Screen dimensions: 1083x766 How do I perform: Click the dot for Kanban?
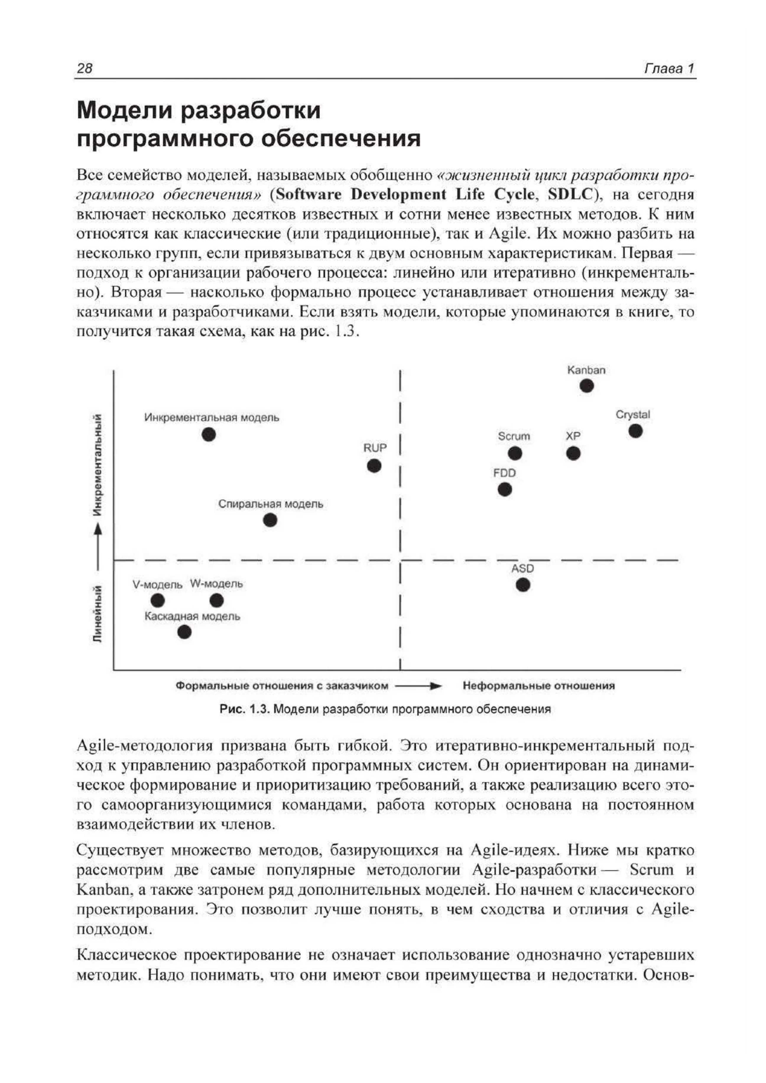coord(586,386)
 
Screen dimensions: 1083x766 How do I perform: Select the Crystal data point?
coord(635,431)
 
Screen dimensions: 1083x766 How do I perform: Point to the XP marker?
coord(573,453)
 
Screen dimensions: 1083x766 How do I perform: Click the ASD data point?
coord(522,585)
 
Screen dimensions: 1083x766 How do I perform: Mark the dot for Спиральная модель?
coord(270,520)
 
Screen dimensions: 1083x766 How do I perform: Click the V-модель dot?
coord(158,600)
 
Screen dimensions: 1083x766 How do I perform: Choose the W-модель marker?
coord(217,600)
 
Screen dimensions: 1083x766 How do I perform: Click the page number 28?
coord(85,69)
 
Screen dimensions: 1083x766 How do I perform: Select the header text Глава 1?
coord(669,69)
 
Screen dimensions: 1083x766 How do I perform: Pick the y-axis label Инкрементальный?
coord(97,465)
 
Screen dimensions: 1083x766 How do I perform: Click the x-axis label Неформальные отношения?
coord(539,686)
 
